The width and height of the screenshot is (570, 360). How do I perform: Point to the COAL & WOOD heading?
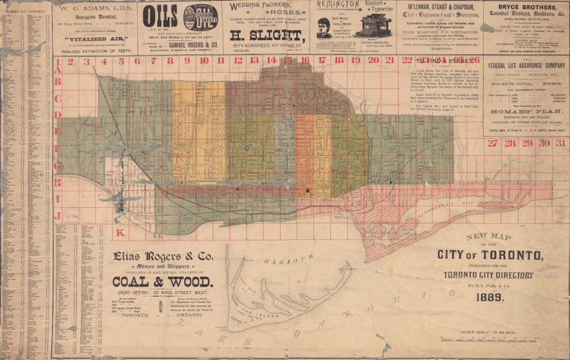pos(163,281)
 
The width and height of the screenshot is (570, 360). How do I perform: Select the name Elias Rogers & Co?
pos(162,258)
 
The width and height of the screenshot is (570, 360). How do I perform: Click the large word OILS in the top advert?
pos(160,15)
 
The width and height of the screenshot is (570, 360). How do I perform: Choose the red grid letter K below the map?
pos(120,232)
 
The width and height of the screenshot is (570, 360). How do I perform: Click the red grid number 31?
pos(562,143)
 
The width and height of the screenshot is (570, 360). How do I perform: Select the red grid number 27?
pos(493,143)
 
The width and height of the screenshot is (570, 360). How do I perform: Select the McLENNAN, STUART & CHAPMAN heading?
pos(440,7)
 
